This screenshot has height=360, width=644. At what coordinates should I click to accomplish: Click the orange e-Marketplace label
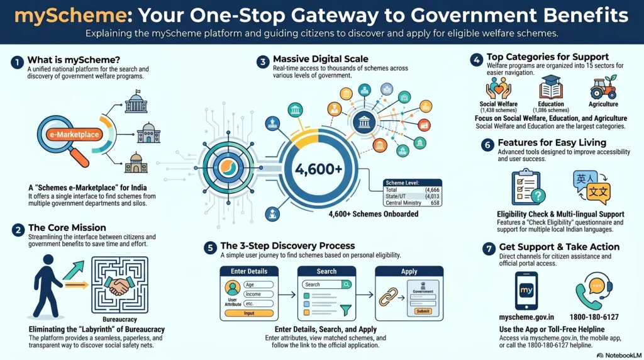[74, 135]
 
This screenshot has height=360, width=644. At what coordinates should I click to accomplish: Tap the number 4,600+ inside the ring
[319, 169]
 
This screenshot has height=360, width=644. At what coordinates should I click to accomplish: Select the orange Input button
[249, 313]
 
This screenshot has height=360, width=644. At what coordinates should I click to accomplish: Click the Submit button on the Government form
[423, 312]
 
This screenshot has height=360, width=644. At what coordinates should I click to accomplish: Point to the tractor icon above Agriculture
[603, 87]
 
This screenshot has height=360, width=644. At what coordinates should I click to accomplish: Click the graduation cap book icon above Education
[551, 87]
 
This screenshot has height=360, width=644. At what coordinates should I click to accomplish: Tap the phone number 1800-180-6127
[594, 317]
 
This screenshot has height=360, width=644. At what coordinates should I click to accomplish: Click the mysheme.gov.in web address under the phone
[526, 317]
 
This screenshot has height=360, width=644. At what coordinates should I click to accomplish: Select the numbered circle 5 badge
[210, 248]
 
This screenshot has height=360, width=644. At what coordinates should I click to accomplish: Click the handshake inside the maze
[119, 285]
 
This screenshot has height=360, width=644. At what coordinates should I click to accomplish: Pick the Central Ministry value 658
[435, 203]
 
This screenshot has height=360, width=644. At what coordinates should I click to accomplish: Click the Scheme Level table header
[413, 183]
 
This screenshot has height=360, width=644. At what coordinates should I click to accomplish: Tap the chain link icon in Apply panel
[388, 296]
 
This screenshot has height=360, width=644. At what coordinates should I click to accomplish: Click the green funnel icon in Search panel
[346, 310]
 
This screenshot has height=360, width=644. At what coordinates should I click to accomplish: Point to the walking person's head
[48, 260]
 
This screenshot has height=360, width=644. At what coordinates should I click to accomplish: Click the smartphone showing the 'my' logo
[526, 291]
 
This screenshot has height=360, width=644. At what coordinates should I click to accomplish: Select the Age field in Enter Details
[258, 284]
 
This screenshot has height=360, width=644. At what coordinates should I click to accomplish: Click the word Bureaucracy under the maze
[119, 319]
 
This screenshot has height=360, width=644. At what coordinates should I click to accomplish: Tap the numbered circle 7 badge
[489, 249]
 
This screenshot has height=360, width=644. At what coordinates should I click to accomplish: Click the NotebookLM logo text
[619, 356]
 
